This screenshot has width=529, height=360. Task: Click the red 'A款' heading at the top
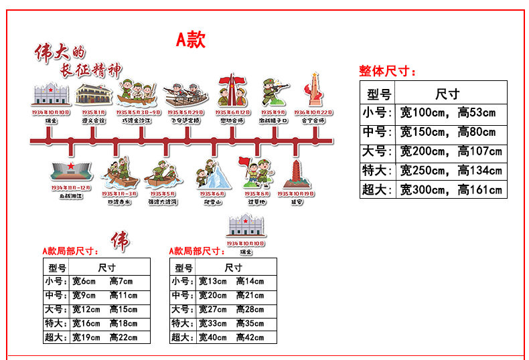click(191, 40)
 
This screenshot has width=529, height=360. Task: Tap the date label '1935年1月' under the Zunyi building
click(93, 112)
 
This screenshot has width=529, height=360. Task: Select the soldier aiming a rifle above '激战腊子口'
click(274, 92)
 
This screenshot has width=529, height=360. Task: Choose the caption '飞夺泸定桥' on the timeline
click(184, 121)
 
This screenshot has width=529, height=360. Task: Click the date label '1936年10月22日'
click(313, 112)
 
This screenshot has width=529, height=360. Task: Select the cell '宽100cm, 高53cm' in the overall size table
click(448, 112)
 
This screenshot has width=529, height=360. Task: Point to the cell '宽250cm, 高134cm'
click(451, 171)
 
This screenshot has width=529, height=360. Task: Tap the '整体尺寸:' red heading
click(388, 71)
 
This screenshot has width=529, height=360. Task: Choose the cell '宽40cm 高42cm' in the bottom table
click(231, 337)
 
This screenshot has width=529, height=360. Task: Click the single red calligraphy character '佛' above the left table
click(121, 241)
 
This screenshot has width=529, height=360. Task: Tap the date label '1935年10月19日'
click(295, 194)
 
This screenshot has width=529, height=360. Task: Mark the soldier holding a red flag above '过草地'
click(251, 172)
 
